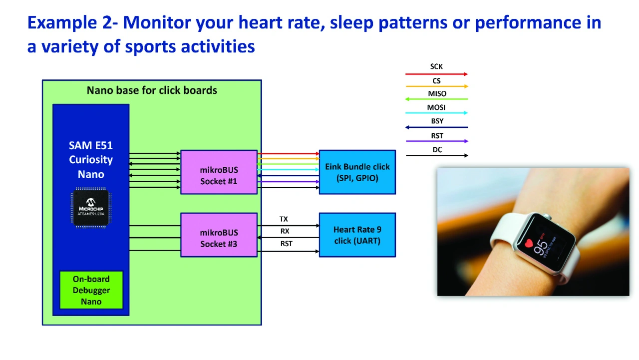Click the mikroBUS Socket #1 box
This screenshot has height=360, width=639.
pyautogui.click(x=219, y=172)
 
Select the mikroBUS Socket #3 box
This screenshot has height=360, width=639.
pyautogui.click(x=219, y=235)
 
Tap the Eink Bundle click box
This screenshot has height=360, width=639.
pyautogui.click(x=357, y=172)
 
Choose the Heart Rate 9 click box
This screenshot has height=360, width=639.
pyautogui.click(x=357, y=235)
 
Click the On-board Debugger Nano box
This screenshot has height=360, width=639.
pyautogui.click(x=91, y=290)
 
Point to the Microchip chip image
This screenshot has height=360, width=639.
pyautogui.click(x=91, y=207)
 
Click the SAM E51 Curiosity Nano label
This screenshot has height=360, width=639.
pyautogui.click(x=91, y=160)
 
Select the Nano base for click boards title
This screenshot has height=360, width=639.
pyautogui.click(x=152, y=90)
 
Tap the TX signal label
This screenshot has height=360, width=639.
pyautogui.click(x=284, y=219)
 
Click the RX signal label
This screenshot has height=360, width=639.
pyautogui.click(x=285, y=231)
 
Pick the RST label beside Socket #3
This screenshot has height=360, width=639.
pyautogui.click(x=286, y=244)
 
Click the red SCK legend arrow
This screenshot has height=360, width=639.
pyautogui.click(x=436, y=74)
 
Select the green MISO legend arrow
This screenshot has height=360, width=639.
pyautogui.click(x=436, y=99)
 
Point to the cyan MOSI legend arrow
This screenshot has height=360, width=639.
pyautogui.click(x=436, y=113)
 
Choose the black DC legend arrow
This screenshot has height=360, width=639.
pyautogui.click(x=436, y=156)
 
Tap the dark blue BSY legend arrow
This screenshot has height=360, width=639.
pyautogui.click(x=436, y=127)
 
